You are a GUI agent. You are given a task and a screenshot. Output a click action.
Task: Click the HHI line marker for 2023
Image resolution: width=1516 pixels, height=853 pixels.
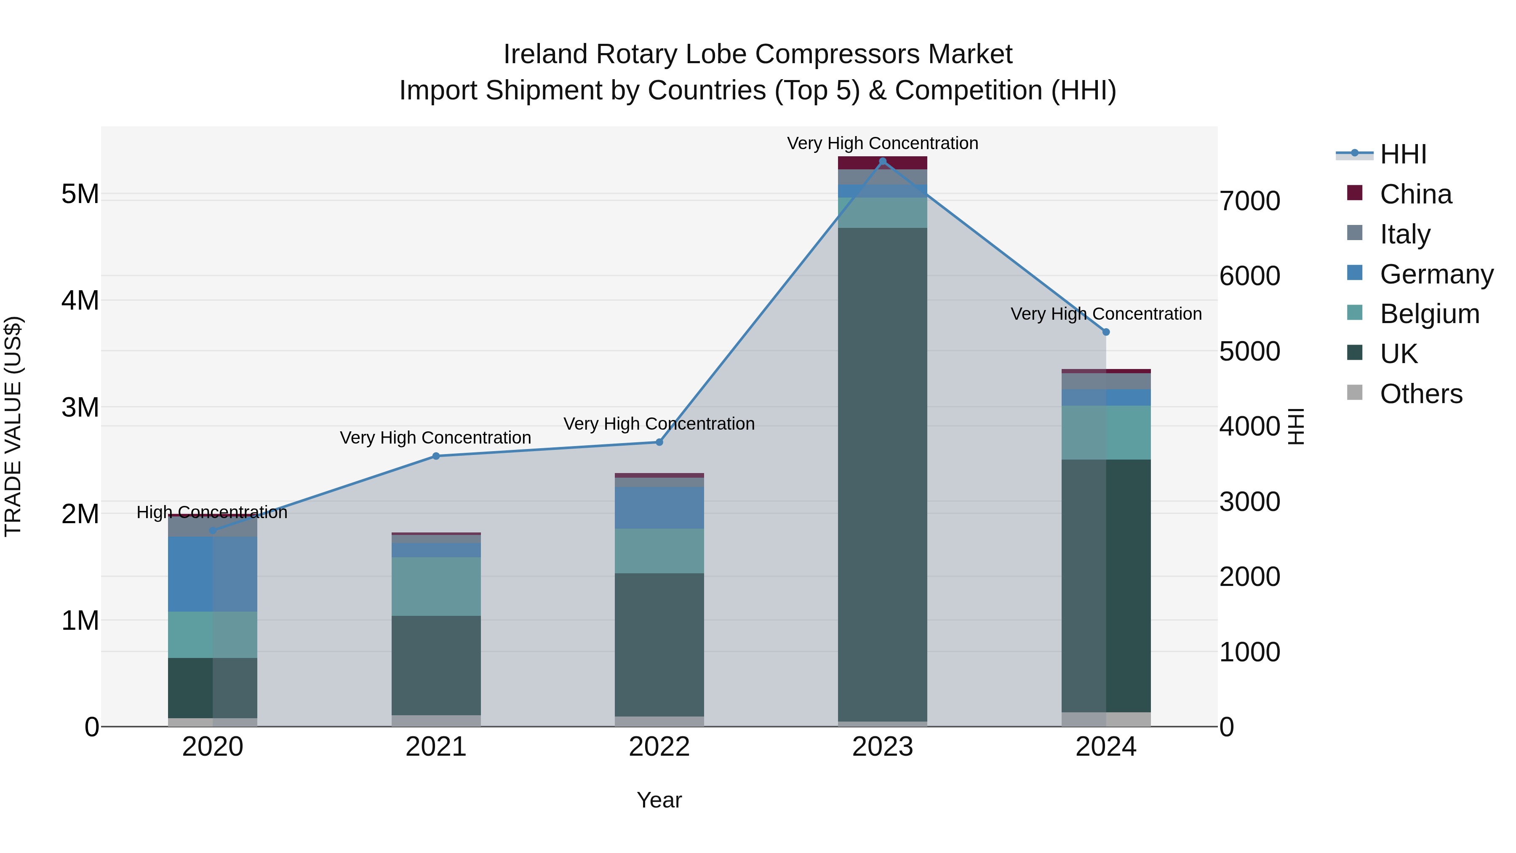click(882, 161)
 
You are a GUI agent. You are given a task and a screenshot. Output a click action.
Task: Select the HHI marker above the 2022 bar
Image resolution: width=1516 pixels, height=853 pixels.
click(659, 442)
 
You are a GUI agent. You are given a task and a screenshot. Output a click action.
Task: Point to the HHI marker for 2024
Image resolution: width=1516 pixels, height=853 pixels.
click(1106, 332)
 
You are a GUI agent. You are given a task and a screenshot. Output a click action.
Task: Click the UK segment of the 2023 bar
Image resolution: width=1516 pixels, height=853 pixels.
click(882, 471)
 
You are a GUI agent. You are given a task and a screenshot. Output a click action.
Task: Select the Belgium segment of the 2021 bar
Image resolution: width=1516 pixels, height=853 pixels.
click(436, 586)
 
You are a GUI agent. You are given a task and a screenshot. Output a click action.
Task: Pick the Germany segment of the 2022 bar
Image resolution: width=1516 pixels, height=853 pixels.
click(659, 508)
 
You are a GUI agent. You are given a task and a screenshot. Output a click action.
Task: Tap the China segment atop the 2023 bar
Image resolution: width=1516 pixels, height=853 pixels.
click(882, 163)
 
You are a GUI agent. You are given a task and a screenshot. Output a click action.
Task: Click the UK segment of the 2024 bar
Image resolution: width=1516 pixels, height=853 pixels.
click(1106, 586)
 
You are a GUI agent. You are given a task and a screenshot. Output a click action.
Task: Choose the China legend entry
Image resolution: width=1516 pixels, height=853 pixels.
click(1415, 194)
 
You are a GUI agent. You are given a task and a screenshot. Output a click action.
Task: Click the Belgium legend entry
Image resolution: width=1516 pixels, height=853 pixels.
click(1429, 314)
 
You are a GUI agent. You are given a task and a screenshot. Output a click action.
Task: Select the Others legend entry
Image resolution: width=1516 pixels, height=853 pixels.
click(1421, 394)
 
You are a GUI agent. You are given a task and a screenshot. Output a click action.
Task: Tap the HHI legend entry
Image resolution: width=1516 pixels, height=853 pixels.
click(1403, 154)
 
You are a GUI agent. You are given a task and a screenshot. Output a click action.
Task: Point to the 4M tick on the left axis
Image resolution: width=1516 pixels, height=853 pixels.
click(80, 301)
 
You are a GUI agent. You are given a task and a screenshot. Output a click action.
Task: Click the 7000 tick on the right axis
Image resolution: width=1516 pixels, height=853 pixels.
click(1249, 201)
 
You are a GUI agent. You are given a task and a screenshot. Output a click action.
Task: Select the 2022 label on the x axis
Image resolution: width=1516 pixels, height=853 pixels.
click(659, 747)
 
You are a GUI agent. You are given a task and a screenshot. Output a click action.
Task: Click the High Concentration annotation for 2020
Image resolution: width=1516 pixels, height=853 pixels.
click(212, 512)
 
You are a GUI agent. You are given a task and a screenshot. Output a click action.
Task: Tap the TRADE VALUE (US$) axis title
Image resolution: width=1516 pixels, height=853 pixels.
click(13, 426)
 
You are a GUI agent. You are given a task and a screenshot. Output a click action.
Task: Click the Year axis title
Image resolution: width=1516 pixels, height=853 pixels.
click(659, 800)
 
